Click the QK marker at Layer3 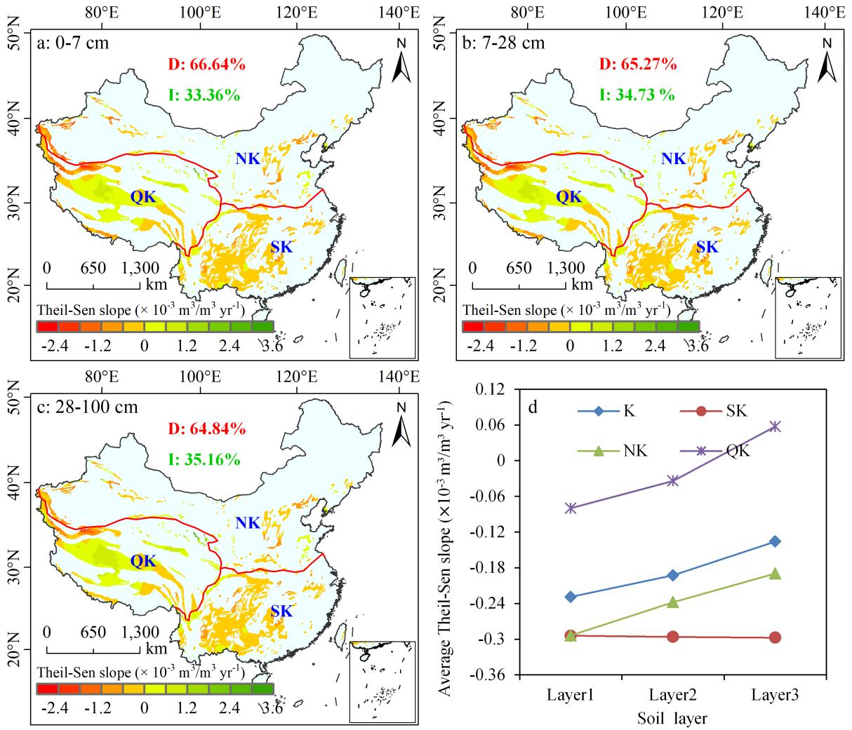point(775,426)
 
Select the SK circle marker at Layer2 point(672,637)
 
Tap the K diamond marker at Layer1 point(571,597)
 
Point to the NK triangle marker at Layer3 point(775,574)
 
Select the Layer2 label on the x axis point(672,695)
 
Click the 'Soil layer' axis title point(672,718)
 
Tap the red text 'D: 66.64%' point(206,65)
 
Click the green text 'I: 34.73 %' point(637,95)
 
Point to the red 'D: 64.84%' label point(206,429)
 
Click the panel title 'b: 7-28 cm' point(504,43)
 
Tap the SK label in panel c point(281,611)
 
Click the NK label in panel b point(674,159)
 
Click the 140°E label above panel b point(825,12)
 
